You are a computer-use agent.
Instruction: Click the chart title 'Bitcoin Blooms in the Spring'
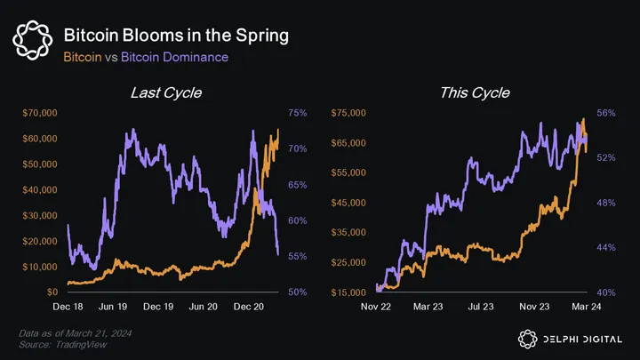tap(176, 36)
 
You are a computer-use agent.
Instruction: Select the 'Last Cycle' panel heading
tap(165, 92)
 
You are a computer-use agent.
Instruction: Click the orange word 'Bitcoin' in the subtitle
tap(84, 57)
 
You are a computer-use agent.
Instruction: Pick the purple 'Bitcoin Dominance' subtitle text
tap(174, 57)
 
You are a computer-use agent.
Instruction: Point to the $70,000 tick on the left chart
tap(40, 113)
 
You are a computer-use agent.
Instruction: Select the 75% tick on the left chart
tap(298, 113)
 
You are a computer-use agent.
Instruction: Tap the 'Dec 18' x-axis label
tap(68, 306)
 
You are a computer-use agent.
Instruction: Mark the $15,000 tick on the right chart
tap(349, 292)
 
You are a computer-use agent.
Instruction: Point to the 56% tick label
tap(605, 113)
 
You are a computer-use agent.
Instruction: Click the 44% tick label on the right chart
tap(605, 247)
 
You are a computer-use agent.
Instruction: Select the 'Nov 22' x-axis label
tap(376, 306)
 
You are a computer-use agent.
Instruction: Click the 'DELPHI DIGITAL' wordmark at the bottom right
tap(584, 337)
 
